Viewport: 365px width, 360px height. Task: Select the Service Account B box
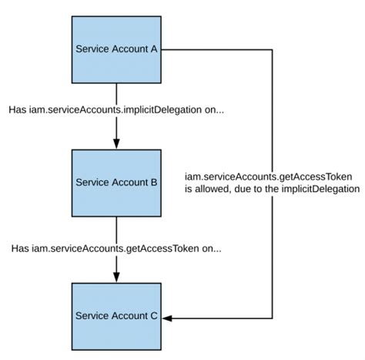[x=116, y=183]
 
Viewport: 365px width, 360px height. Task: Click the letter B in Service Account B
[x=154, y=183]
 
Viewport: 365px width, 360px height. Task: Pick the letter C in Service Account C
[x=154, y=316]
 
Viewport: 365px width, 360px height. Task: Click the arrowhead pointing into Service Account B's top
[x=116, y=143]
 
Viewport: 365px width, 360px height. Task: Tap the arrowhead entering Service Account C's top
[x=116, y=277]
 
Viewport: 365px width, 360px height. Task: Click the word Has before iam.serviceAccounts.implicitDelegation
[x=18, y=110]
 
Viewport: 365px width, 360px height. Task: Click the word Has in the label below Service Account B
[x=22, y=248]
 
